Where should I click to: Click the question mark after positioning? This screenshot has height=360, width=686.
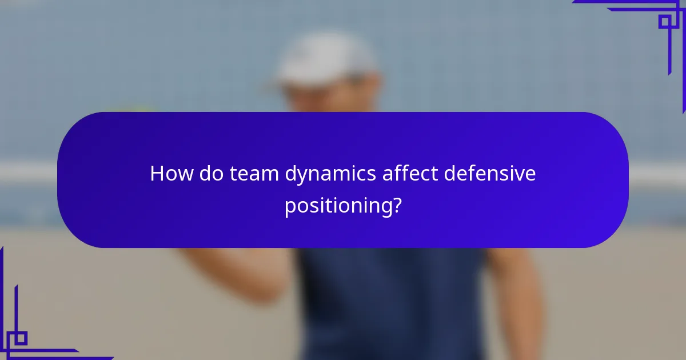click(x=394, y=205)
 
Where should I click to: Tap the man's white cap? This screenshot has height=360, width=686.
click(x=326, y=58)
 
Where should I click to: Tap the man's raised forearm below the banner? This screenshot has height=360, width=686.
click(x=240, y=274)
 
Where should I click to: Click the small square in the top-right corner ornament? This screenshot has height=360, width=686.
click(x=665, y=22)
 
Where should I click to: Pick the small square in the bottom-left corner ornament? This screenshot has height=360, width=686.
click(x=20, y=338)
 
